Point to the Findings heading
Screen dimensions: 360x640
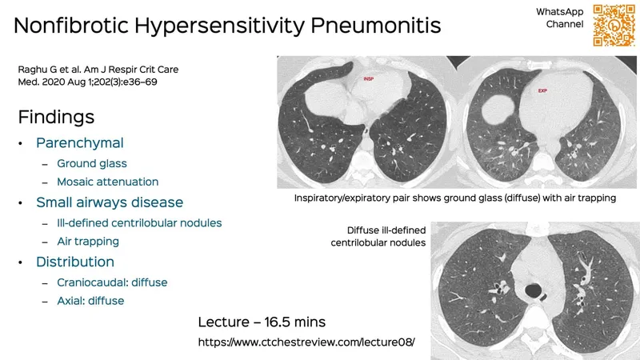point(56,117)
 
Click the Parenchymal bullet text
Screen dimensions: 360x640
point(79,142)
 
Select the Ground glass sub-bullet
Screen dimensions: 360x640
point(92,163)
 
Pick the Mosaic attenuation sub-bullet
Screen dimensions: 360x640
point(108,182)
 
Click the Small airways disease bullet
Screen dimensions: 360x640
point(110,202)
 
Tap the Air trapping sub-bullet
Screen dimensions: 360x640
point(88,241)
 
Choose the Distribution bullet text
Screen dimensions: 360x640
point(75,262)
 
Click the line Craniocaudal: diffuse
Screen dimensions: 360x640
point(112,282)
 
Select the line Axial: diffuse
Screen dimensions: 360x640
point(90,301)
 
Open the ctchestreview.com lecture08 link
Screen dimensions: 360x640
point(306,342)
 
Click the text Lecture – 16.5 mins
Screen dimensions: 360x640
point(262,322)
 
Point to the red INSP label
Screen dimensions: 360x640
point(369,79)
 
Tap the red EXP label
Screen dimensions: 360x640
point(543,91)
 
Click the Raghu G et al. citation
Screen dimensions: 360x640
point(98,75)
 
